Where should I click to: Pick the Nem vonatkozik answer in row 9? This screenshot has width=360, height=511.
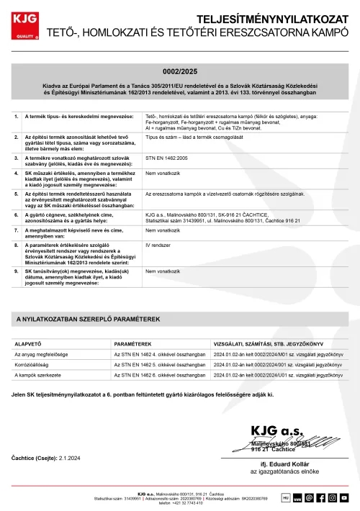tap(161, 271)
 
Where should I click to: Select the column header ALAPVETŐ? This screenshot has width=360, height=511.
tap(27, 343)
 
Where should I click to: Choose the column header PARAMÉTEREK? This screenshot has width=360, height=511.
tap(132, 343)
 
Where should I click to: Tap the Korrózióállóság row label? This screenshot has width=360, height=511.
tap(35, 365)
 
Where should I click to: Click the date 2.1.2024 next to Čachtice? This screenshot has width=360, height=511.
tap(71, 458)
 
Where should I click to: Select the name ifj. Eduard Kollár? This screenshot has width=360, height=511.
tap(284, 464)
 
